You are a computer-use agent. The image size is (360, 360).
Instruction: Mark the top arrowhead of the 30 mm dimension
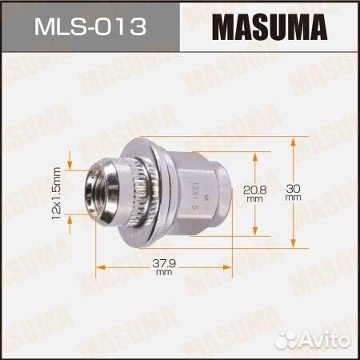(292, 141)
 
